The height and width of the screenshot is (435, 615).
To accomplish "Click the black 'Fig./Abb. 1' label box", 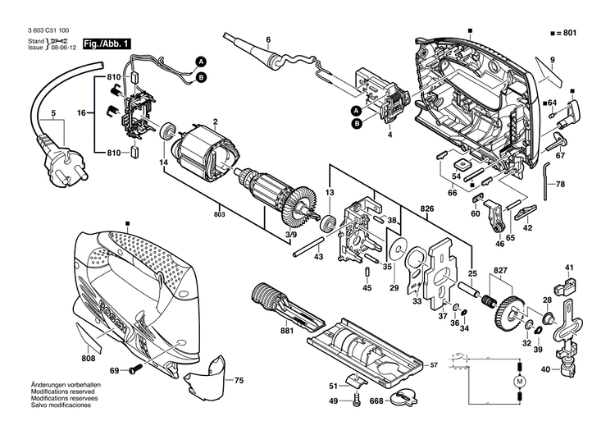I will point(105,42).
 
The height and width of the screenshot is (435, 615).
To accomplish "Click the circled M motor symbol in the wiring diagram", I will point(517,382).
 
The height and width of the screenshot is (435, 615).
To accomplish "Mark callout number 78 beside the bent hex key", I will point(561,185).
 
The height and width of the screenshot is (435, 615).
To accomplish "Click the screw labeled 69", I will point(131,372).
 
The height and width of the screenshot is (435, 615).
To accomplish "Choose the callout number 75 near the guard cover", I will point(239,381).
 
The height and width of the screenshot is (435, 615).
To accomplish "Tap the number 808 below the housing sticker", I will point(89,358).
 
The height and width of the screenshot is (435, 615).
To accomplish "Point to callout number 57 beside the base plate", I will point(435,364).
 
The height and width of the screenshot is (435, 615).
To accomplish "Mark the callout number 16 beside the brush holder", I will point(81,112).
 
